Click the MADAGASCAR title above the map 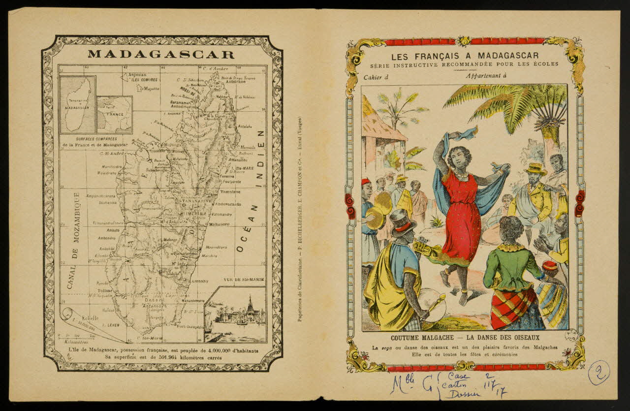pos(161,54)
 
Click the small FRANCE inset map pos(115,114)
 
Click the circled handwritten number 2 pos(598,372)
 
